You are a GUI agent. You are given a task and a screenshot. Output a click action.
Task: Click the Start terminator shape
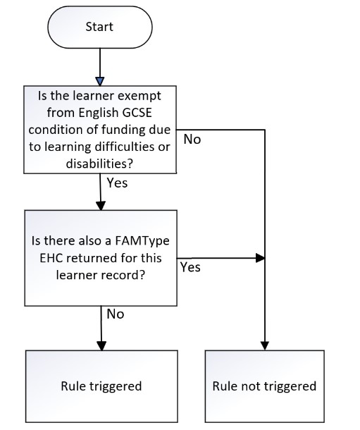click(x=100, y=27)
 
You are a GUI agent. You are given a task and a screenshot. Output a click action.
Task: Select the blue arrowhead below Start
click(x=100, y=81)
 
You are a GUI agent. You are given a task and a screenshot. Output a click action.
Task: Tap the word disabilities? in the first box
click(x=99, y=164)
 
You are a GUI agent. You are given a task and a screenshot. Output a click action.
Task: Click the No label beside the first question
click(x=192, y=140)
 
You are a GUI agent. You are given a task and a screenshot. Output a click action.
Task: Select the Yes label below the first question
click(x=117, y=183)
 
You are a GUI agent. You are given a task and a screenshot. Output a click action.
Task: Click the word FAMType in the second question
click(x=142, y=241)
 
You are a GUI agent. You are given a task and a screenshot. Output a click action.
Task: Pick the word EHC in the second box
click(x=51, y=258)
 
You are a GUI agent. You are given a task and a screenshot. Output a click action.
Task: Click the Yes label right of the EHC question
click(x=190, y=267)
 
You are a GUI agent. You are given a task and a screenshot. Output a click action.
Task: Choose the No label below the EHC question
click(x=116, y=314)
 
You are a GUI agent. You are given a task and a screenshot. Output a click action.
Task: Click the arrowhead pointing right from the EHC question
click(x=260, y=258)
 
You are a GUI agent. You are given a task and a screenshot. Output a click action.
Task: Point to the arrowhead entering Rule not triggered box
click(x=265, y=346)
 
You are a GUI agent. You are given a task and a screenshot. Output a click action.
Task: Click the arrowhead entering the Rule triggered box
click(x=101, y=346)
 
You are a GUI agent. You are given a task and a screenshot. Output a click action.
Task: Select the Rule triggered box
click(x=101, y=386)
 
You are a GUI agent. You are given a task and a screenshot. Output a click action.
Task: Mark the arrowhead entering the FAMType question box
click(x=101, y=206)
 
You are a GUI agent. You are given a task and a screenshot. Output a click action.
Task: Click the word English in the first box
click(x=99, y=113)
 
